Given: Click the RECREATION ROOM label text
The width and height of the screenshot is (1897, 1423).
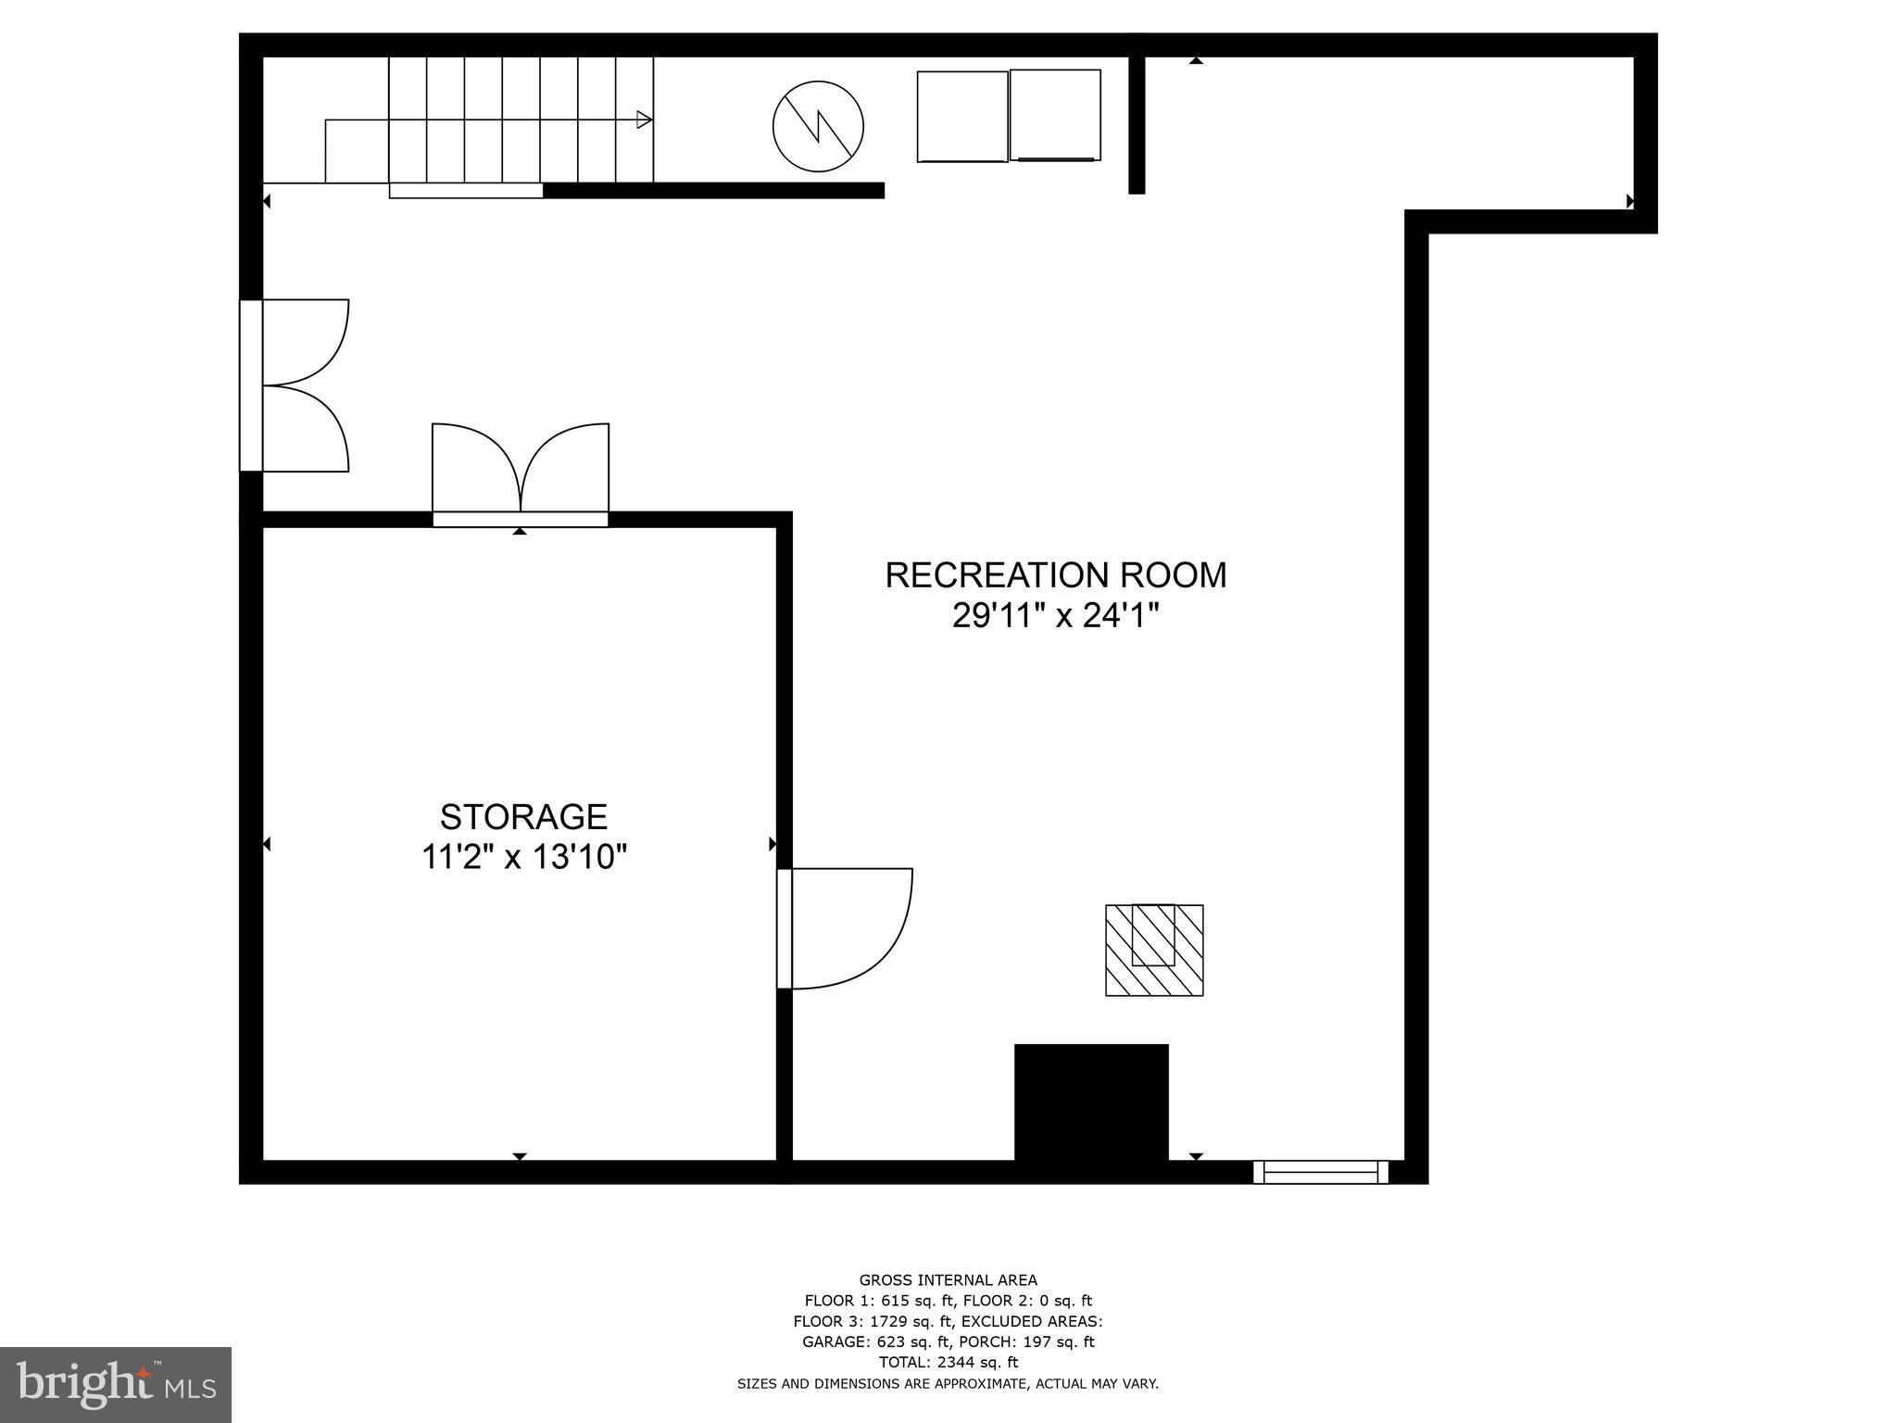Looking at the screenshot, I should pyautogui.click(x=1055, y=575).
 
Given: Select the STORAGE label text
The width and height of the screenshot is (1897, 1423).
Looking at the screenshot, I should pyautogui.click(x=523, y=817).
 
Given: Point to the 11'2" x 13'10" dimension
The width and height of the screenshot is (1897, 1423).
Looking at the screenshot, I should pyautogui.click(x=524, y=858).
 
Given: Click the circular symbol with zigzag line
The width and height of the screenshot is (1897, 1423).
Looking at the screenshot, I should pyautogui.click(x=818, y=127).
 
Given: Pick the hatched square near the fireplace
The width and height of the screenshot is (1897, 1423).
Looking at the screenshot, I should pyautogui.click(x=1154, y=951).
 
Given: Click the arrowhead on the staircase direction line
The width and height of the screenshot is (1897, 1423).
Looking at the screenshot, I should pyautogui.click(x=644, y=120).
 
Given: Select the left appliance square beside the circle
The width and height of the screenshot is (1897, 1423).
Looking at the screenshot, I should pyautogui.click(x=962, y=117).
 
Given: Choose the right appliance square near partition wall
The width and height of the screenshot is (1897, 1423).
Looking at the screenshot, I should pyautogui.click(x=1055, y=115).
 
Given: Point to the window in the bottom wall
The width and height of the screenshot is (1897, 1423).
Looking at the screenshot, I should pyautogui.click(x=1320, y=1172).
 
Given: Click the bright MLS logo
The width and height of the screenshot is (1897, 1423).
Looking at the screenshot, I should pyautogui.click(x=115, y=1384).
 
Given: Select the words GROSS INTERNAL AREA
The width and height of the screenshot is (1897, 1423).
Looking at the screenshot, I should pyautogui.click(x=948, y=1280).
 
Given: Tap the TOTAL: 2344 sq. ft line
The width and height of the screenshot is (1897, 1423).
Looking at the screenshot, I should pyautogui.click(x=948, y=1362).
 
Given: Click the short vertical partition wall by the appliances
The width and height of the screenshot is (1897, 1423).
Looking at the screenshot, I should pyautogui.click(x=1137, y=124).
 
